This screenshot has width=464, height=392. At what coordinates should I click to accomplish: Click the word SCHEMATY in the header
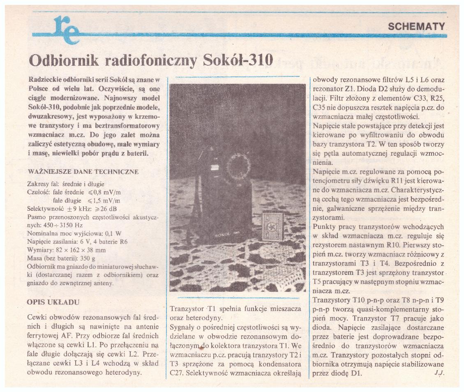pos(416,27)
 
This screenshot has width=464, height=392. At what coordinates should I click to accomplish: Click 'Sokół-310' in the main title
pos(238,60)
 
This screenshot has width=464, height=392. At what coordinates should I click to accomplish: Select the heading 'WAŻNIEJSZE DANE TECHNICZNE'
pos(83,172)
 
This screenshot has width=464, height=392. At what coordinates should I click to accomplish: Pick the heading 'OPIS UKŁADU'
pos(53,302)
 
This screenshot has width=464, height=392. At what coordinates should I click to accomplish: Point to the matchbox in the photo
pos(272,227)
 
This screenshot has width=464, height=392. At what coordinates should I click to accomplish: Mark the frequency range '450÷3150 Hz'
pos(62,225)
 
